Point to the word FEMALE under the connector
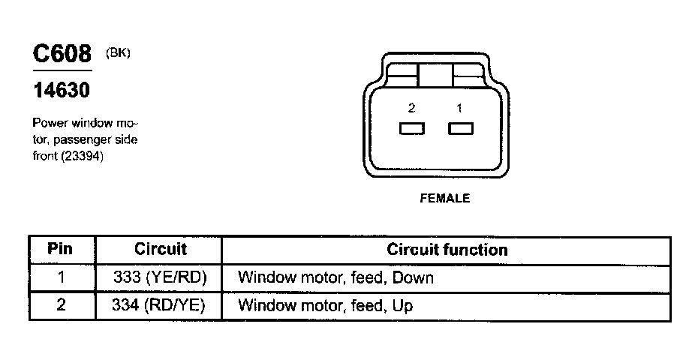point(444,199)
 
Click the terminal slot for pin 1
point(461,129)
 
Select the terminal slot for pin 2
point(412,129)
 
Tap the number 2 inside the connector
point(411,108)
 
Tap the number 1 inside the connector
point(460,108)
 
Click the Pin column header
point(60,249)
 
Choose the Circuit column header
point(160,249)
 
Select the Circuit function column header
point(447,249)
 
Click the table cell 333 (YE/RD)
point(160,277)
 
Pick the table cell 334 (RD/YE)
point(160,305)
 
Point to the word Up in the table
point(402,306)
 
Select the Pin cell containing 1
point(62,277)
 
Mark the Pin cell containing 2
point(62,305)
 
